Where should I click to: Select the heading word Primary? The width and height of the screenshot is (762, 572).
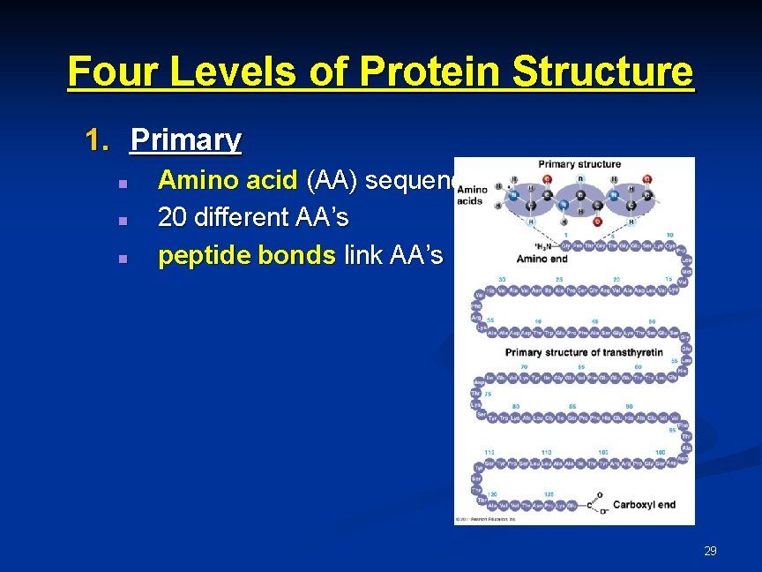[185, 139]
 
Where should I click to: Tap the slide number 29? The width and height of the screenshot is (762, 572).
[710, 551]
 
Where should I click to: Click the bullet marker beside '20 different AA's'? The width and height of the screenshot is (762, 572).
[123, 218]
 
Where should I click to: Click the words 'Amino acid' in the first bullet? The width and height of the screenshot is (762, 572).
[228, 180]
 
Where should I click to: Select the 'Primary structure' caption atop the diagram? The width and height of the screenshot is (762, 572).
[579, 164]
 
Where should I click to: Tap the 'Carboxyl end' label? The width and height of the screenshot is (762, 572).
[644, 505]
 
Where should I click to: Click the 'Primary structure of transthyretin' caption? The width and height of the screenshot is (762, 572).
[583, 352]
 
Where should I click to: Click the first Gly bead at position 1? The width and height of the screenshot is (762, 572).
[565, 246]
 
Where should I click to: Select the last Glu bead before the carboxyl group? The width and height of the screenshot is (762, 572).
[571, 506]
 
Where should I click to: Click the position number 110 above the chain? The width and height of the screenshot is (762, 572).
[547, 452]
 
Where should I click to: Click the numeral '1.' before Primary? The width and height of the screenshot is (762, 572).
[98, 139]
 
